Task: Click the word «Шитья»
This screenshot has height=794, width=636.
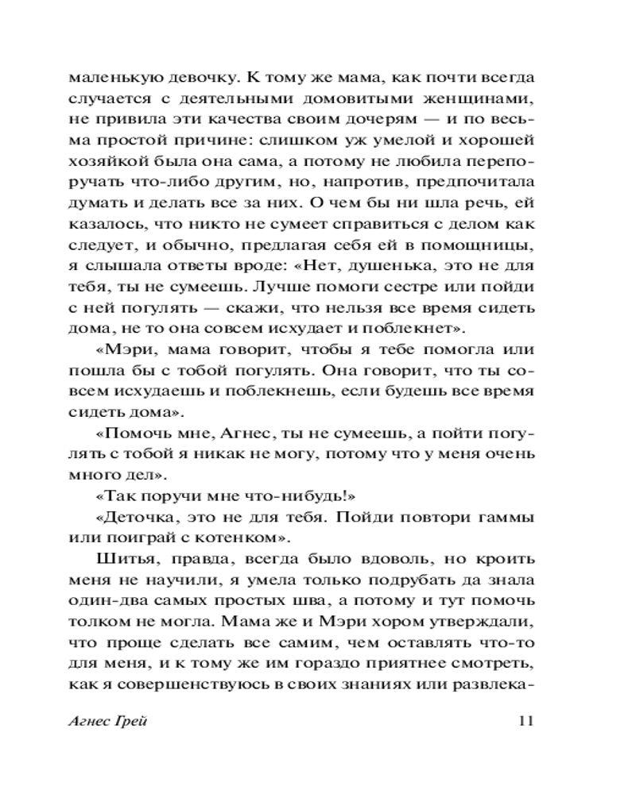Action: [x=122, y=558]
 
